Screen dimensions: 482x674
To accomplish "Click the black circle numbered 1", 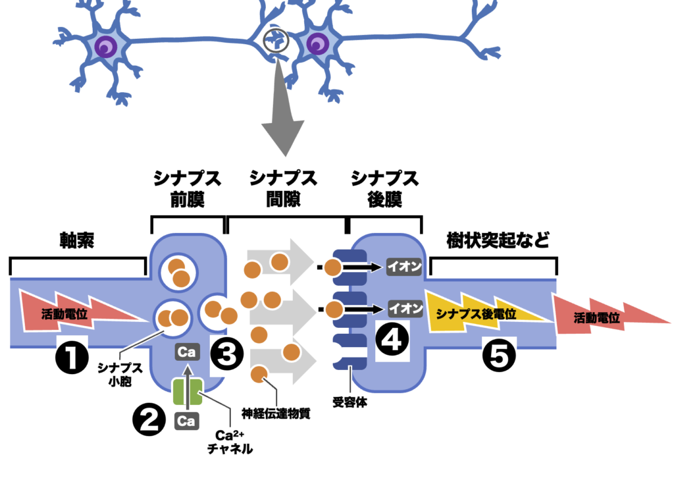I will (72, 356).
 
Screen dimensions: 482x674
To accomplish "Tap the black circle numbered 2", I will (149, 419).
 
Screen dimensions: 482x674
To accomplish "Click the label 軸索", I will (77, 241).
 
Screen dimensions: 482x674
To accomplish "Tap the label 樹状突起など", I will (497, 240).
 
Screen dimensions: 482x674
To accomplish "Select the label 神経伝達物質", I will (276, 414).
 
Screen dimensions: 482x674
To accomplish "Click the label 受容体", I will (349, 402).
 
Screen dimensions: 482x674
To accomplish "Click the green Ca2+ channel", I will (187, 392).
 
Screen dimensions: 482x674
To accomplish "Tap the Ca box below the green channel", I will (187, 420).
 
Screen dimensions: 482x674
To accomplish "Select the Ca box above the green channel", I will (187, 352).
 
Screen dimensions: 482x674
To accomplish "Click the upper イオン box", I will (404, 267).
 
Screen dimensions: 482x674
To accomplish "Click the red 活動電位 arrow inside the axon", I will (72, 312).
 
